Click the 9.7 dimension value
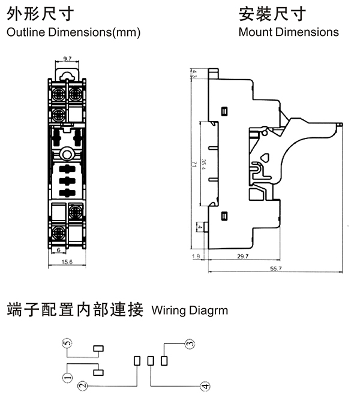click(67, 59)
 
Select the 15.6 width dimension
click(67, 261)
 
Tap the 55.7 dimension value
click(276, 270)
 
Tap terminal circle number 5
click(67, 343)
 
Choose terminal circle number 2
click(83, 387)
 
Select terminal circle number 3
click(190, 344)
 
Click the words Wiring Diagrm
click(190, 310)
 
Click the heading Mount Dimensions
click(289, 32)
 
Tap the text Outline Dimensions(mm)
click(73, 32)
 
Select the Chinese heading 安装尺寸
click(272, 14)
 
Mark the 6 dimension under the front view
click(59, 249)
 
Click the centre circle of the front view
click(67, 153)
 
